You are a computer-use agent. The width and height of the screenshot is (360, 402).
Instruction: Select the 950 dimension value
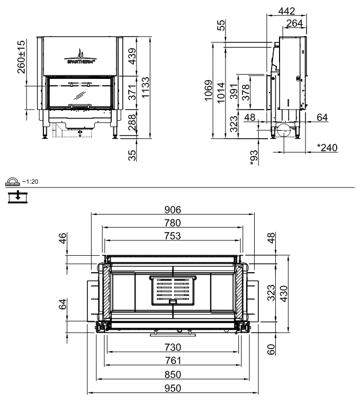(x=173, y=388)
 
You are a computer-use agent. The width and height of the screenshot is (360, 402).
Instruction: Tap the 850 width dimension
(x=173, y=374)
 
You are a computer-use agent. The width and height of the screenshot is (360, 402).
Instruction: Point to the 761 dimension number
(x=173, y=361)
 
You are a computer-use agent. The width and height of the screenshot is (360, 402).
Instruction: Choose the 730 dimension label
(x=173, y=347)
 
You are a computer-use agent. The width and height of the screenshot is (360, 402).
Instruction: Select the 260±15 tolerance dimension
(x=21, y=57)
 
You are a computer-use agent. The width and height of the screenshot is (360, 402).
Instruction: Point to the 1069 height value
(x=209, y=91)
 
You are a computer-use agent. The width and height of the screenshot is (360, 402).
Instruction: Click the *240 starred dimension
(x=327, y=147)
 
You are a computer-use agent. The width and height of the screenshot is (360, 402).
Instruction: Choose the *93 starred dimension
(x=254, y=156)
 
